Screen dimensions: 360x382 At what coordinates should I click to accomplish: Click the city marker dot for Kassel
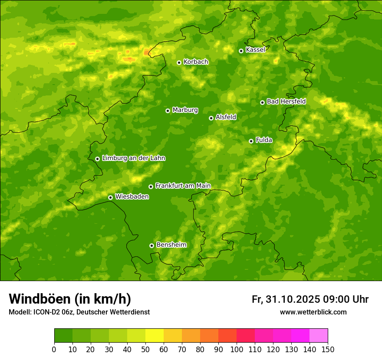(241, 51)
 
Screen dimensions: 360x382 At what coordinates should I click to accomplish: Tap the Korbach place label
(196, 62)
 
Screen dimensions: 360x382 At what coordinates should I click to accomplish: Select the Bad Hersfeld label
(286, 101)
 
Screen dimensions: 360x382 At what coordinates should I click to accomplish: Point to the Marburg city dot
(168, 111)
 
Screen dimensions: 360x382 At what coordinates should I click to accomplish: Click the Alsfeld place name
(226, 117)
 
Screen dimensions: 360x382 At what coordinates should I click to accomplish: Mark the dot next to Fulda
(251, 141)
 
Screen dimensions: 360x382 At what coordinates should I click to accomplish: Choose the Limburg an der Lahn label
(133, 158)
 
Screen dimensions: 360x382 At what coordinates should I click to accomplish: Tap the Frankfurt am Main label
(183, 186)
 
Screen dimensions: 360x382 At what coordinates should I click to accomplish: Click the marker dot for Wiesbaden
(110, 197)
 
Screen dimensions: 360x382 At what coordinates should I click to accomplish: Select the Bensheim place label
(171, 245)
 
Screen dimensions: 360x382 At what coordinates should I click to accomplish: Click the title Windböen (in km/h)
(69, 299)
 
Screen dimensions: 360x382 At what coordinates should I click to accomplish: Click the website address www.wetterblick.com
(313, 312)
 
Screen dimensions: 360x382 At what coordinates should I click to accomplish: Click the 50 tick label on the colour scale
(145, 349)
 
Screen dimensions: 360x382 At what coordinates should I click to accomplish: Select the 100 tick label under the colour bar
(237, 349)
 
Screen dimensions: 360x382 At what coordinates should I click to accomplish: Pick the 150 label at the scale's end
(328, 349)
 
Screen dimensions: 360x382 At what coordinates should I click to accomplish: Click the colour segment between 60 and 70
(173, 336)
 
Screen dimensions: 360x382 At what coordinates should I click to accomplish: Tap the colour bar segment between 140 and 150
(319, 336)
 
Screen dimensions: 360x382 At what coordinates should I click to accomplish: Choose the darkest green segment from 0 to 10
(63, 336)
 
